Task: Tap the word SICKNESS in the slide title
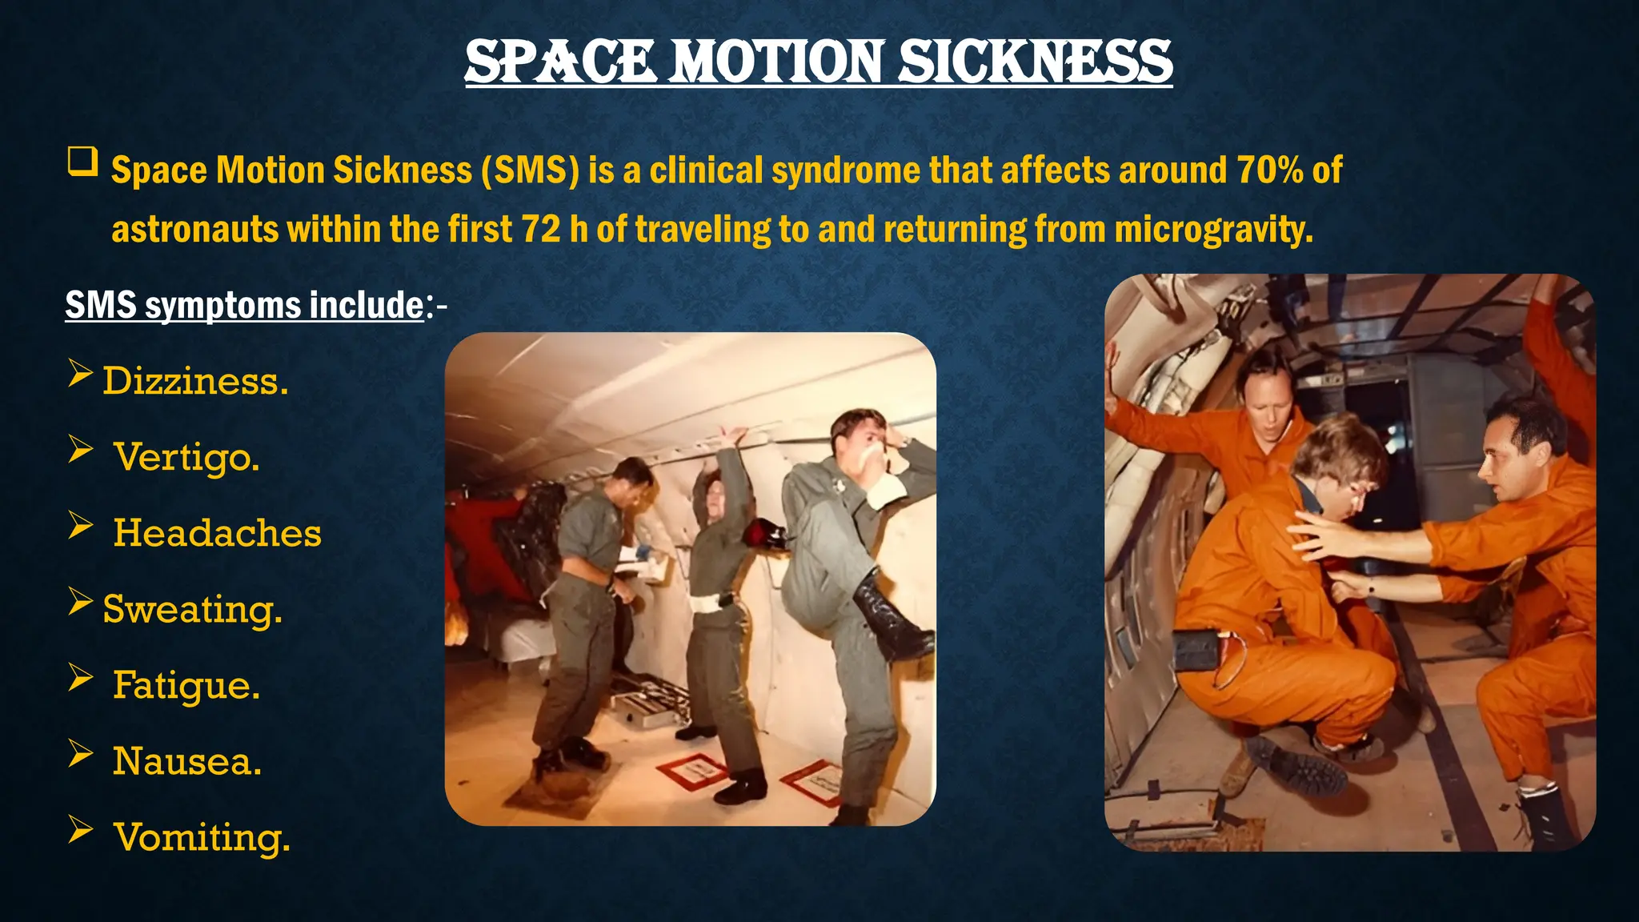pyautogui.click(x=1035, y=62)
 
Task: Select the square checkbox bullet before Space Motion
pyautogui.click(x=82, y=162)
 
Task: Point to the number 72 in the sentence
pyautogui.click(x=541, y=229)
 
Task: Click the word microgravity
pyautogui.click(x=1213, y=229)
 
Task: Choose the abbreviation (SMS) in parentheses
pyautogui.click(x=530, y=170)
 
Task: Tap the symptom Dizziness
pyautogui.click(x=195, y=381)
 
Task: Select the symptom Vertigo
pyautogui.click(x=186, y=457)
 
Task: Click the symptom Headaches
pyautogui.click(x=217, y=533)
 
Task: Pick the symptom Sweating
pyautogui.click(x=192, y=609)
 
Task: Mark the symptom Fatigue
pyautogui.click(x=186, y=685)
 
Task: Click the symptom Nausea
pyautogui.click(x=187, y=761)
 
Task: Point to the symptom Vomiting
pyautogui.click(x=202, y=837)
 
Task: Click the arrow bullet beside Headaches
pyautogui.click(x=80, y=526)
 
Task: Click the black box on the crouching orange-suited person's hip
pyautogui.click(x=1198, y=649)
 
